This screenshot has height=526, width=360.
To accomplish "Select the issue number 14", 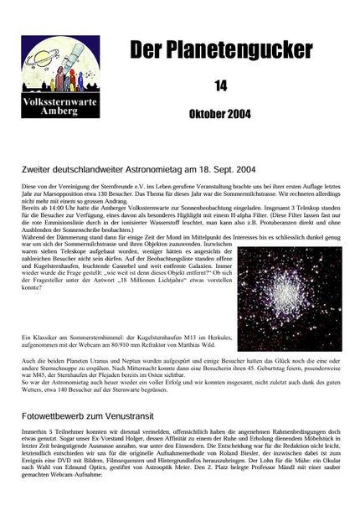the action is [x=220, y=85].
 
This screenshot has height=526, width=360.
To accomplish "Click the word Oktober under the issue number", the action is [x=205, y=113].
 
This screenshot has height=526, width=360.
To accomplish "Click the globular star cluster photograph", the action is [x=289, y=297].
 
